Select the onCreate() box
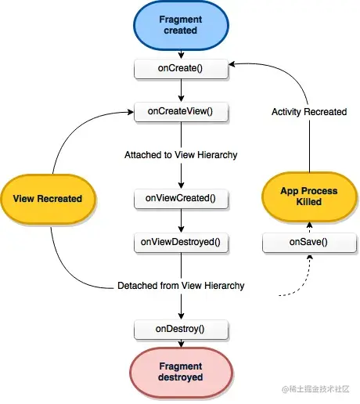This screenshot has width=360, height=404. click(x=182, y=69)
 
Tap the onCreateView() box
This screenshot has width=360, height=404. click(x=182, y=112)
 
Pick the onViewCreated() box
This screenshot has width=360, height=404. click(x=182, y=198)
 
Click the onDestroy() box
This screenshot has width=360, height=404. click(x=182, y=329)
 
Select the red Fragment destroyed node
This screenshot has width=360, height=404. click(x=182, y=371)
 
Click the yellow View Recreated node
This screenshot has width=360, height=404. click(x=48, y=198)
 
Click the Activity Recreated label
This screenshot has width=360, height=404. click(x=308, y=112)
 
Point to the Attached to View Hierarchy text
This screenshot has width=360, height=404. click(x=181, y=155)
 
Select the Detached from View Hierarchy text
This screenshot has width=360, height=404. click(x=181, y=286)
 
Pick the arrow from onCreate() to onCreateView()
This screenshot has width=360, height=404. click(x=182, y=90)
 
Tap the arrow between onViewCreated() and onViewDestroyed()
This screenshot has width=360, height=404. click(x=182, y=221)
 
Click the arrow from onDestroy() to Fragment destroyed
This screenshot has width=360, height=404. click(x=182, y=344)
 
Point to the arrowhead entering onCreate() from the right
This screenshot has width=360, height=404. click(x=233, y=69)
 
